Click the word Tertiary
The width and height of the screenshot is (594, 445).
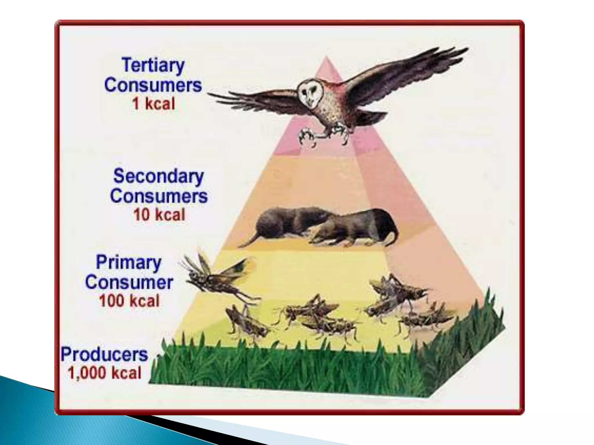(x=153, y=65)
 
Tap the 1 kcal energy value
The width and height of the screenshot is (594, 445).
(x=153, y=103)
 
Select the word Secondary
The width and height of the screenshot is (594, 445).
(x=158, y=176)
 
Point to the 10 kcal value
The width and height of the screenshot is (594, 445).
(x=159, y=215)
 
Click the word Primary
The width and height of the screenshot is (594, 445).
(x=128, y=263)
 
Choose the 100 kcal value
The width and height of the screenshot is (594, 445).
(x=129, y=301)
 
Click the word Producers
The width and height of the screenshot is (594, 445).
(x=104, y=354)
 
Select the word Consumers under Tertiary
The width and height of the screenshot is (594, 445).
(x=153, y=85)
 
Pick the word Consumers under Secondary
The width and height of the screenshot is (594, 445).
(x=159, y=196)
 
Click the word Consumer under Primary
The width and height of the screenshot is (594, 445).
(x=129, y=282)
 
